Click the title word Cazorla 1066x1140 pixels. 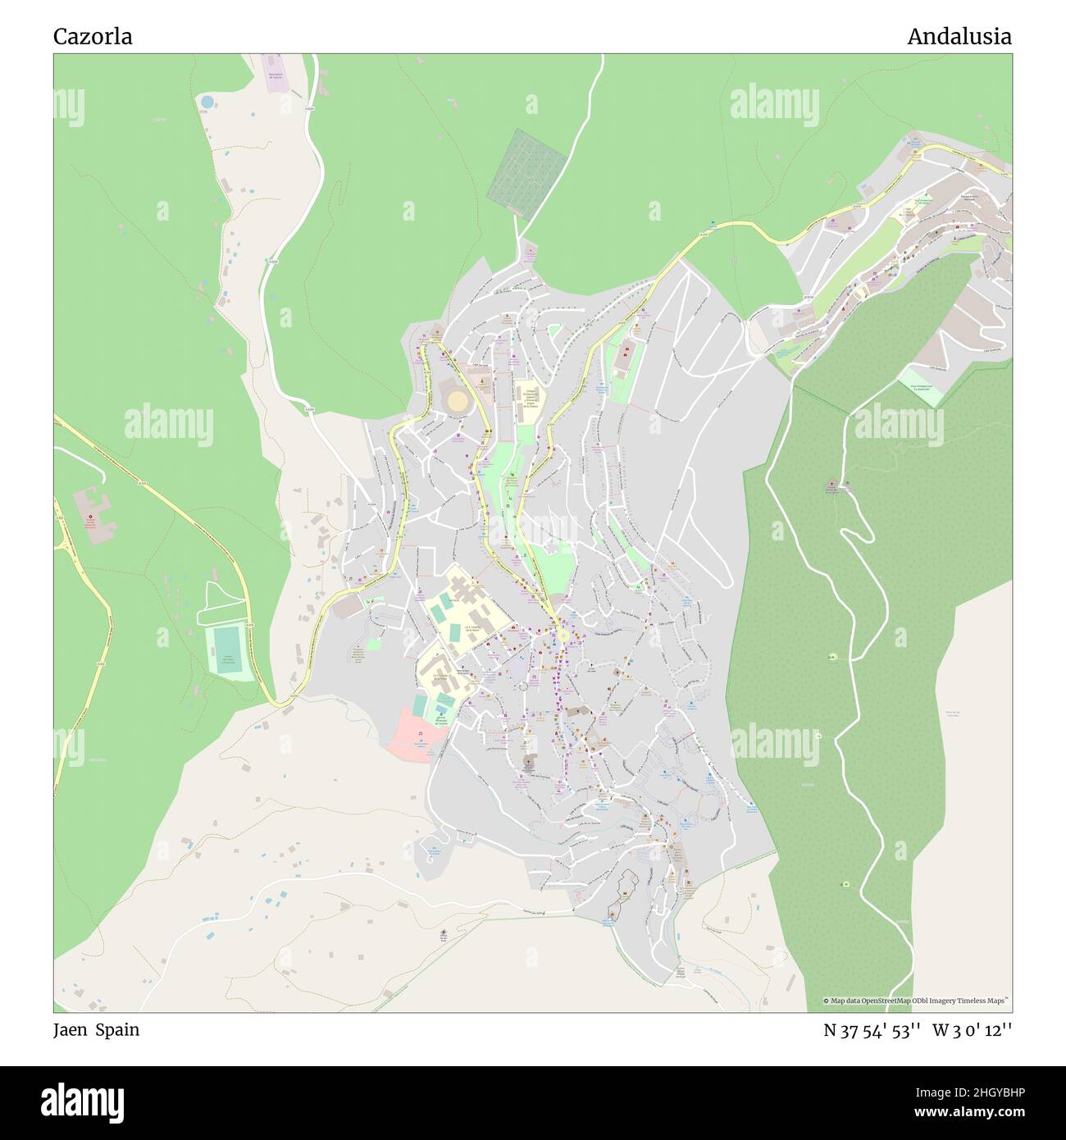[x=93, y=37]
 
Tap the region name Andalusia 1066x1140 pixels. [x=959, y=37]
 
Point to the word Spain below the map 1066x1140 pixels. [x=116, y=1030]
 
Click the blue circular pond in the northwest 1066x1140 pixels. [x=207, y=102]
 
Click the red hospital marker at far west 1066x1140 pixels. [x=90, y=516]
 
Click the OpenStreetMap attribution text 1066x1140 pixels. [x=917, y=1001]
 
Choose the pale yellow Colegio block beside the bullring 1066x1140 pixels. [x=530, y=402]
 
